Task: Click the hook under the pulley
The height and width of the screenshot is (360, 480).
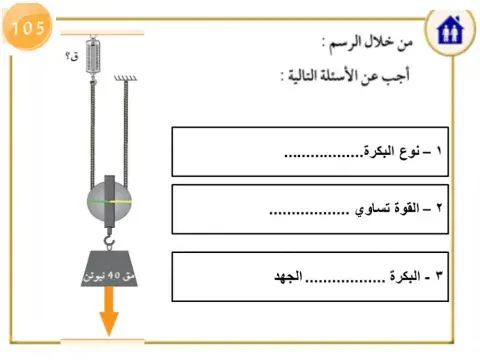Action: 110,237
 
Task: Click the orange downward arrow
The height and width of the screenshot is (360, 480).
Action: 109,319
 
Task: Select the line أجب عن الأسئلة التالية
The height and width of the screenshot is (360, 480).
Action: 351,76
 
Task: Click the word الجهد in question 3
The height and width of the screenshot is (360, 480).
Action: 290,275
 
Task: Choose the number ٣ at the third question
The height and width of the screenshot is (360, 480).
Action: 440,275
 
